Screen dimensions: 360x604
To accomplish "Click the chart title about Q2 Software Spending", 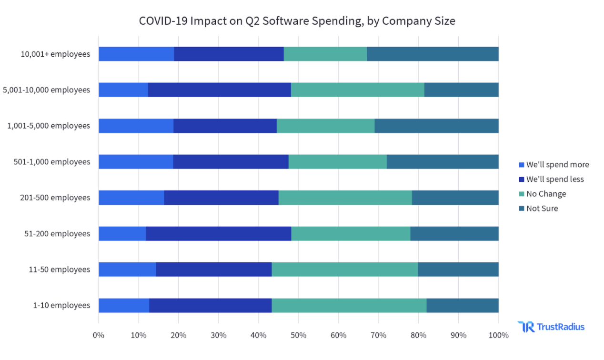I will (x=297, y=21).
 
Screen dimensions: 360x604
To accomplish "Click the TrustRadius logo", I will (x=551, y=327).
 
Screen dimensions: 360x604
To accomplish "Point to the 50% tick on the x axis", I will (x=299, y=335).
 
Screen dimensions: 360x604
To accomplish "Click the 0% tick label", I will (x=99, y=335).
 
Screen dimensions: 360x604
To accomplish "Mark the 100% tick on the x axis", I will (x=498, y=335).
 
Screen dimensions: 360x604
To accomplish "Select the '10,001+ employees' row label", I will (x=55, y=54).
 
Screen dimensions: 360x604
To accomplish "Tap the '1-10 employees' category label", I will (x=61, y=306).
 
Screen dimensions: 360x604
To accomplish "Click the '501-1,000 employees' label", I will (x=52, y=162).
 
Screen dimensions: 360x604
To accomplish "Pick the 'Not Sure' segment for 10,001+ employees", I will (x=433, y=54).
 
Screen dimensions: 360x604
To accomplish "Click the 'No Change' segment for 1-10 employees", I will (x=349, y=306).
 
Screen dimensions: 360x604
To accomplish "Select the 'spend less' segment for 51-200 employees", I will (x=218, y=234).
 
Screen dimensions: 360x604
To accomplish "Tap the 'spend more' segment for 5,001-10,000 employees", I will (x=123, y=90).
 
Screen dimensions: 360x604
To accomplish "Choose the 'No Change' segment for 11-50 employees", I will (x=345, y=270).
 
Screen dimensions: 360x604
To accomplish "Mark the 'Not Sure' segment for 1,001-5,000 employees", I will (x=436, y=126).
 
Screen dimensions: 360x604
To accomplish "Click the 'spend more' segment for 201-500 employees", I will (x=131, y=198).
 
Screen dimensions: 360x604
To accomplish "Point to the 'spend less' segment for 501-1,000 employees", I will (x=231, y=162).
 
